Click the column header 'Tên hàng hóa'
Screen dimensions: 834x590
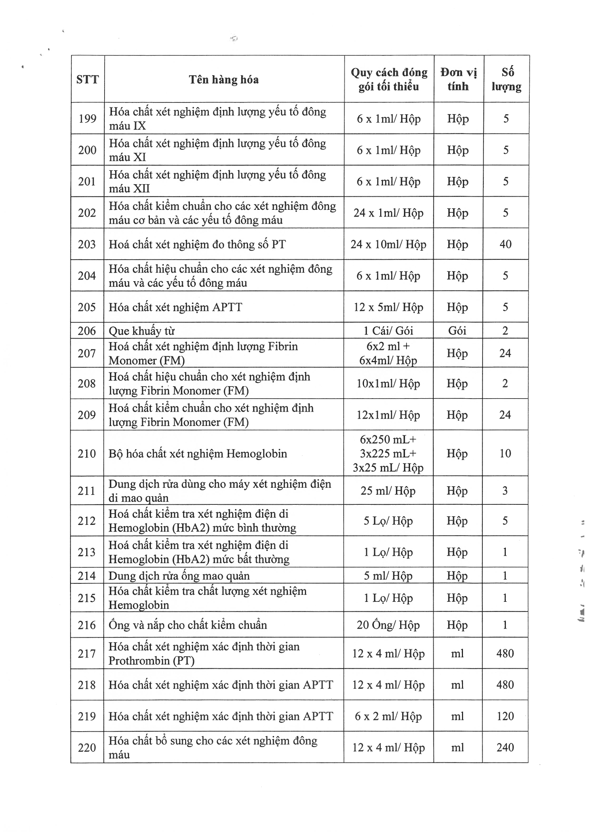coord(224,79)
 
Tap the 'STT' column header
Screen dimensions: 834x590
coord(88,79)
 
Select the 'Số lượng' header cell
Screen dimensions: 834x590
coord(506,79)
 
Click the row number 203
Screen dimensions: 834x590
coord(87,244)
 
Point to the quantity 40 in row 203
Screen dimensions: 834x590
coord(505,244)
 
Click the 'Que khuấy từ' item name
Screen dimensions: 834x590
coord(142,331)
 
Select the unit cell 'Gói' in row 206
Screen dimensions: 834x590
coord(457,331)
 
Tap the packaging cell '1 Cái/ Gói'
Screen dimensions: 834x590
coord(388,331)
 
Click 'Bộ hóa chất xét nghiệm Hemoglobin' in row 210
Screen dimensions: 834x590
coord(198,453)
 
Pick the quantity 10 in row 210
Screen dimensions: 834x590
coord(505,453)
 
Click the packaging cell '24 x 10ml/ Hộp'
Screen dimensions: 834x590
coord(388,244)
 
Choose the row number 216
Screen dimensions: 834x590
coord(87,625)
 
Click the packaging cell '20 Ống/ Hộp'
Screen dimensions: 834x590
coord(388,625)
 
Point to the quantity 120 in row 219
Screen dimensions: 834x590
coord(505,716)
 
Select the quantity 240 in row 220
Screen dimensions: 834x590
coord(505,747)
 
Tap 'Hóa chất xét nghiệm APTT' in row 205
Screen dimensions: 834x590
coord(176,307)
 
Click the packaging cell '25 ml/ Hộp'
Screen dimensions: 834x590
coord(388,491)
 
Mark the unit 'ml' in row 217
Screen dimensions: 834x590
coord(457,654)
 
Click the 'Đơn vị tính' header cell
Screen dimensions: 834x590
coord(458,79)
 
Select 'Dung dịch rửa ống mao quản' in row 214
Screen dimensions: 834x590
coord(179,576)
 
